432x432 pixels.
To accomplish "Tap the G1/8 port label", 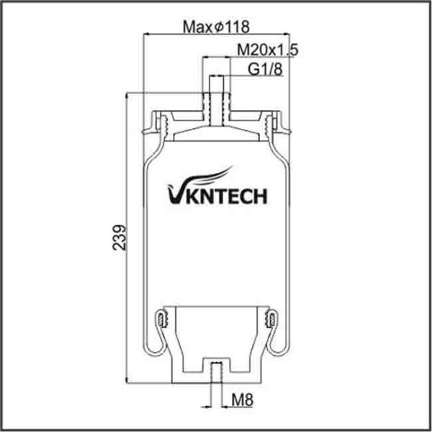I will [x=264, y=69].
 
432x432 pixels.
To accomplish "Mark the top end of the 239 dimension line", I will [x=127, y=93].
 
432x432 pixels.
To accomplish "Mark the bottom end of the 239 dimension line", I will [x=127, y=381].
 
